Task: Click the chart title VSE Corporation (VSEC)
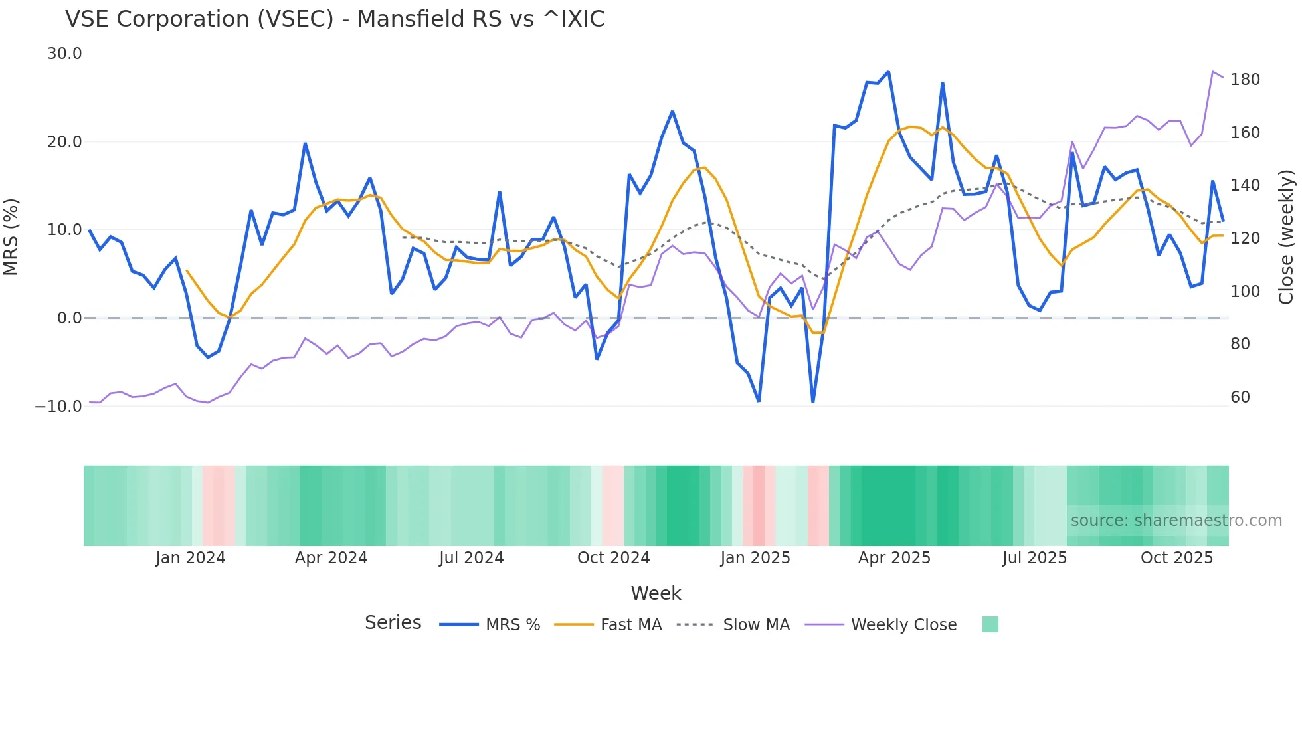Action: tap(335, 19)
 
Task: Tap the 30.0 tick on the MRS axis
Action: tap(64, 54)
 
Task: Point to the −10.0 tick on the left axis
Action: tap(58, 406)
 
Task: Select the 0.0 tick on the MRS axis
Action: tap(69, 318)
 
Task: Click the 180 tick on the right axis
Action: tap(1245, 80)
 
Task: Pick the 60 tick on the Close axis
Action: tap(1240, 397)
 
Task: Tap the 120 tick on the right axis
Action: tap(1245, 238)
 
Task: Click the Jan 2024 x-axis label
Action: tap(191, 558)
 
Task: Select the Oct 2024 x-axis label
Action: tap(613, 558)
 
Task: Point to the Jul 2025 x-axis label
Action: tap(1034, 558)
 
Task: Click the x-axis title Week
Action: tap(656, 593)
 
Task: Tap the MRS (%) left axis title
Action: tap(11, 237)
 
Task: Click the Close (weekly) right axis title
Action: tap(1286, 237)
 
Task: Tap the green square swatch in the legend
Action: tap(990, 624)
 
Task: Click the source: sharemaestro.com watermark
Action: tap(1176, 521)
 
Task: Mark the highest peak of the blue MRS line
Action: tap(888, 72)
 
